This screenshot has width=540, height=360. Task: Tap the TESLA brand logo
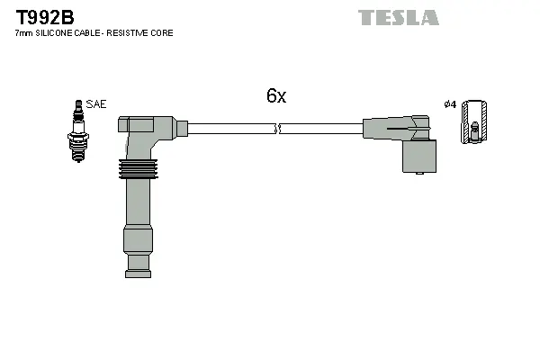(398, 17)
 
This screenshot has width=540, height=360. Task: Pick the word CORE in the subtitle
(163, 33)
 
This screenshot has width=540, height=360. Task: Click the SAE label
(96, 104)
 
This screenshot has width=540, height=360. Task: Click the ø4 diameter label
(450, 104)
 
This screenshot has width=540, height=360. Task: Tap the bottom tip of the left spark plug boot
(138, 265)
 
